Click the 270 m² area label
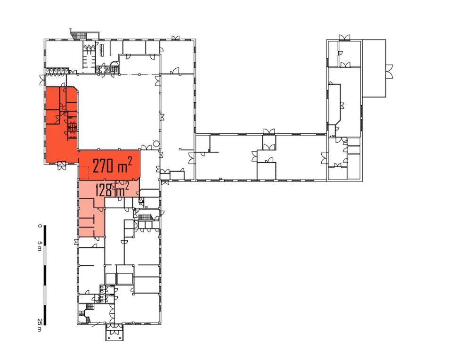tap(112, 165)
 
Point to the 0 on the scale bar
tap(40, 226)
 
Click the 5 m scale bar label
tap(40, 245)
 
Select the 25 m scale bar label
tap(40, 325)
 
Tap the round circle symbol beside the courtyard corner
tap(156, 145)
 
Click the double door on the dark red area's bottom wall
tap(62, 165)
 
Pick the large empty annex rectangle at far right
tap(374, 68)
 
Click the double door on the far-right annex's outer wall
tap(389, 71)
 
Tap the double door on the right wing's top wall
tap(344, 38)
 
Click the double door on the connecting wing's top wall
tap(269, 131)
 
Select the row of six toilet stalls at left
tap(57, 71)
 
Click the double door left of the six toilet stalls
tap(42, 80)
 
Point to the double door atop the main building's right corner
tap(175, 37)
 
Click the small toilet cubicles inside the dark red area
tap(72, 127)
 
